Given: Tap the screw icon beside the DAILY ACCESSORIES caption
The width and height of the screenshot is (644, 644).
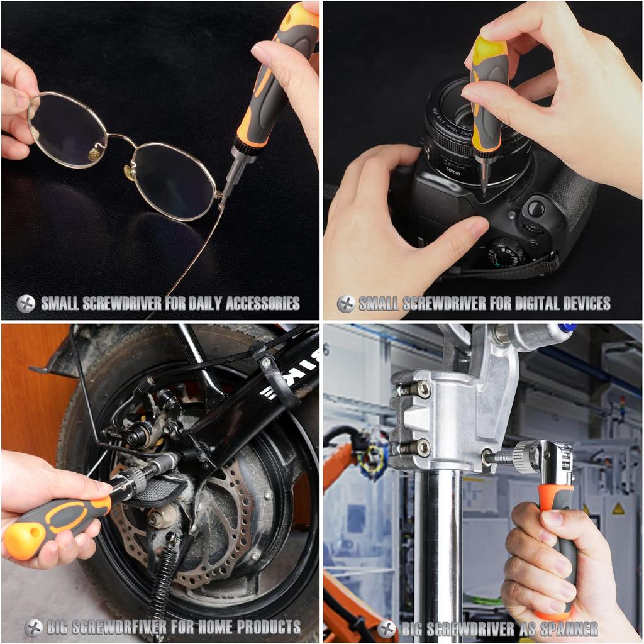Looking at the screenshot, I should point(26,304).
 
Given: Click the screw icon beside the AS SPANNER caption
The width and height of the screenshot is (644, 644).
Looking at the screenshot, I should point(387,628).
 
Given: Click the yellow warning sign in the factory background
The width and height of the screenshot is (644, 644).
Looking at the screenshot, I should point(618,508).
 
